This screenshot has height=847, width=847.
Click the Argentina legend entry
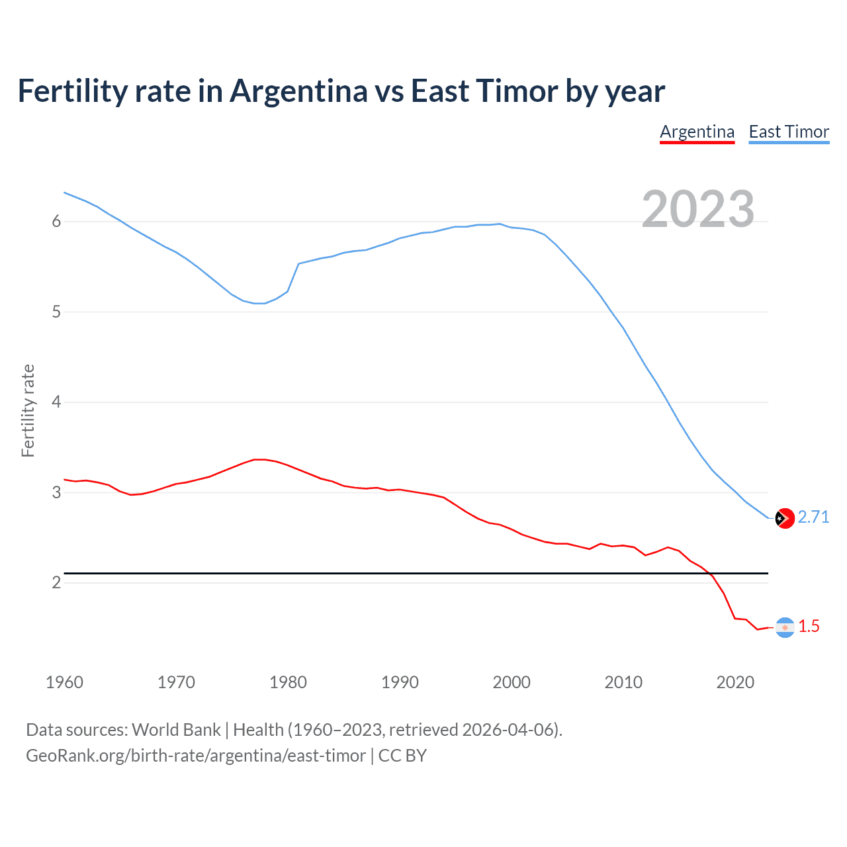point(697,132)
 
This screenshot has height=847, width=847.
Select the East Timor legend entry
point(789,132)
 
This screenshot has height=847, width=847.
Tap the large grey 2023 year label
point(697,209)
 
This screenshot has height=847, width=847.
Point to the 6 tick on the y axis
point(56,222)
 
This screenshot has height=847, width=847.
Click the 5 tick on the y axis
point(56,312)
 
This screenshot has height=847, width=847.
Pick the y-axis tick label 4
point(56,402)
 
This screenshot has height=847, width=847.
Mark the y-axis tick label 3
point(56,492)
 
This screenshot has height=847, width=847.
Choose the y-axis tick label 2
point(56,582)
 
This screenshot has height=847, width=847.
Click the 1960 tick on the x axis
point(64,682)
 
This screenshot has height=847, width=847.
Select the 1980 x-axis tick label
point(288,682)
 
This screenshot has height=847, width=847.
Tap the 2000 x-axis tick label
point(512,682)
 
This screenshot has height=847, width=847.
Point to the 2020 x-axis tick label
point(735,682)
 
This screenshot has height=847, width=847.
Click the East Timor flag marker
point(784,518)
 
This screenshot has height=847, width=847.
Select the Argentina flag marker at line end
point(784,627)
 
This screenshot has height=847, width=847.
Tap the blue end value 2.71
point(813,517)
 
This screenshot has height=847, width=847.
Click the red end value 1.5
point(809,626)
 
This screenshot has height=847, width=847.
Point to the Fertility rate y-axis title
point(28,410)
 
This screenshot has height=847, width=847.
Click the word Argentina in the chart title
point(298,91)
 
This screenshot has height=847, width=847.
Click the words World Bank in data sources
point(176,730)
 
